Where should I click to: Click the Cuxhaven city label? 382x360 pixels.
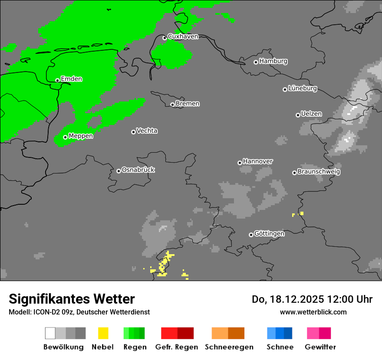[183, 36]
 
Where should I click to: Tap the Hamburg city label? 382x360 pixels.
[273, 61]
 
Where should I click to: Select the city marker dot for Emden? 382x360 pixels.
[57, 80]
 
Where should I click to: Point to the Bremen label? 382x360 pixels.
[188, 104]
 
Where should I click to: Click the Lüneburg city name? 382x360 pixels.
[303, 88]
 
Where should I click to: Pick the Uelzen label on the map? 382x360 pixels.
[311, 114]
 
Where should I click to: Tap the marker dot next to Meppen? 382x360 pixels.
[65, 137]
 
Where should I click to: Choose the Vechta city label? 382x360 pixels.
[147, 131]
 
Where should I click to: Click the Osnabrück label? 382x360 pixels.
[138, 170]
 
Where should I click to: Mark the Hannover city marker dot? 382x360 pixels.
[240, 163]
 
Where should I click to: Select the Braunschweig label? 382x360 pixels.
[319, 172]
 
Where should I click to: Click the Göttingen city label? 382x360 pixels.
[269, 234]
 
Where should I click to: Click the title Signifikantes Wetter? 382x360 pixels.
[72, 299]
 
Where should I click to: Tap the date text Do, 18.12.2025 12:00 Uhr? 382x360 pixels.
[312, 299]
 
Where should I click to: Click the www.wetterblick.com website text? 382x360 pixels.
[313, 312]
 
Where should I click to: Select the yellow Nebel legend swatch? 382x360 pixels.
[103, 333]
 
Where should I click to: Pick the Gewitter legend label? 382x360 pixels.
[320, 347]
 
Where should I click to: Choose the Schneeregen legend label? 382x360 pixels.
[229, 347]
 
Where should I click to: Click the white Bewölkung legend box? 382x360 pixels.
[50, 333]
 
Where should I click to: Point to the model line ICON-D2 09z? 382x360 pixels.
[79, 312]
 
